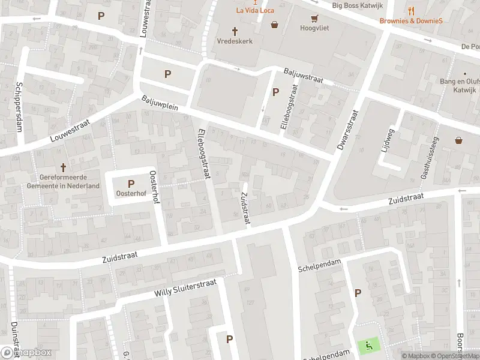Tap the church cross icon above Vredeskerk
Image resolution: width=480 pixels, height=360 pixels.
click(235, 31)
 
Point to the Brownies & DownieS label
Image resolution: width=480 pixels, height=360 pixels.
click(411, 20)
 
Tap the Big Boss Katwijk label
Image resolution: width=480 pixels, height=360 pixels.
click(357, 5)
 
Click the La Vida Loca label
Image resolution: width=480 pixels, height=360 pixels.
click(256, 10)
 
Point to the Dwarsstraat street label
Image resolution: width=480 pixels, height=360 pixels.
click(349, 129)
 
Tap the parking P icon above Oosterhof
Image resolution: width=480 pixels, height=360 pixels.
click(130, 184)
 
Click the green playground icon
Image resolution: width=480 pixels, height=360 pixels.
click(368, 346)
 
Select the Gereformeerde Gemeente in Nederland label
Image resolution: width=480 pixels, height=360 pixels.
click(63, 182)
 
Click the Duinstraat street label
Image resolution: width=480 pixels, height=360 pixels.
click(14, 339)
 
